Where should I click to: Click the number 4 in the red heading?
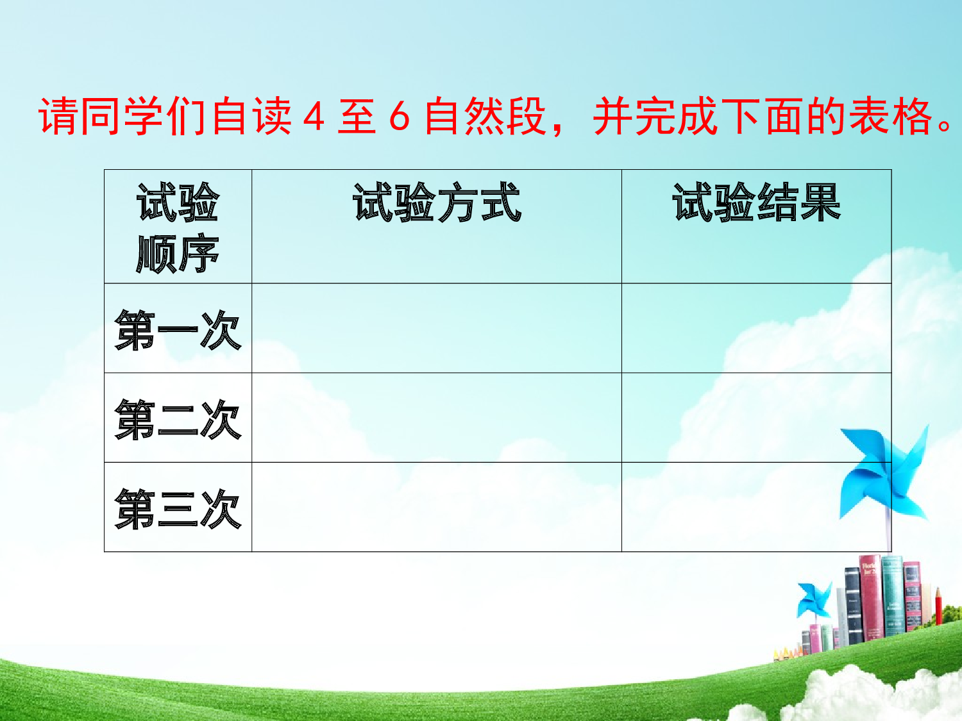pos(314,117)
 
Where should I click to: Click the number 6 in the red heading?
pos(399,117)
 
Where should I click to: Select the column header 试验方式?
pos(437,203)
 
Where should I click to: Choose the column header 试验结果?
pos(756,203)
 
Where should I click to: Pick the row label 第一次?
pos(178,329)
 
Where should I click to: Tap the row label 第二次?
pos(178,419)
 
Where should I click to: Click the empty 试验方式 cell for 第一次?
pos(436,328)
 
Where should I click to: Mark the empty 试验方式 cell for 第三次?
pos(436,507)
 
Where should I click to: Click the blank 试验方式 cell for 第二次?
pos(436,417)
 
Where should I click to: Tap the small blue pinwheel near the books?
pos(814,600)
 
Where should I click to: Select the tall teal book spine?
pos(892,596)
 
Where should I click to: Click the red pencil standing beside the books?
pos(938,606)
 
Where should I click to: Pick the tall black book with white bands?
pos(853,606)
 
